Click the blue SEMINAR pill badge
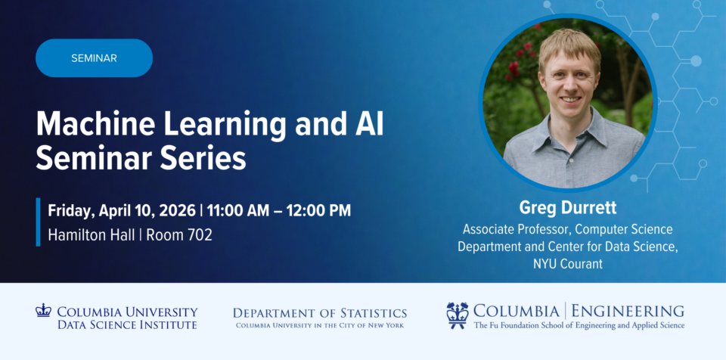click(94, 58)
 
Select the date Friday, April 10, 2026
click(122, 211)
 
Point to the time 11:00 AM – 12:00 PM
click(279, 211)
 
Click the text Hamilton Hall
click(92, 235)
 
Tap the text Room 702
click(179, 235)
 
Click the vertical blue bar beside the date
click(38, 222)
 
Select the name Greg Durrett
click(568, 207)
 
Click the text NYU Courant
click(568, 264)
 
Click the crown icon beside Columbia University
click(43, 310)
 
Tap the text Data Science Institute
click(127, 324)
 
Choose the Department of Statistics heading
click(320, 313)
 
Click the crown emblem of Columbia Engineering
click(458, 315)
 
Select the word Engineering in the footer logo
click(628, 310)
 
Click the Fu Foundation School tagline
click(579, 325)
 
